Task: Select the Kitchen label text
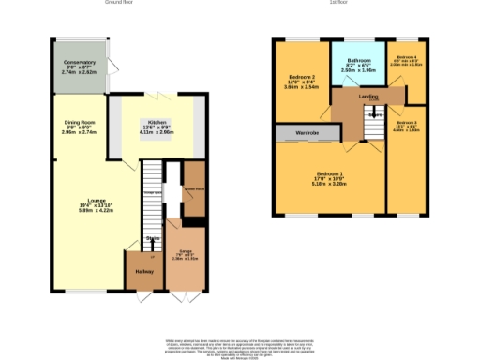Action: coord(155,123)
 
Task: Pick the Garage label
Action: coord(185,251)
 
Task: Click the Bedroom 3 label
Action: coord(406,123)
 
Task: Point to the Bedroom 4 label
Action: coord(406,56)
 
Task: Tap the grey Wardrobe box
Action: coord(307,133)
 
